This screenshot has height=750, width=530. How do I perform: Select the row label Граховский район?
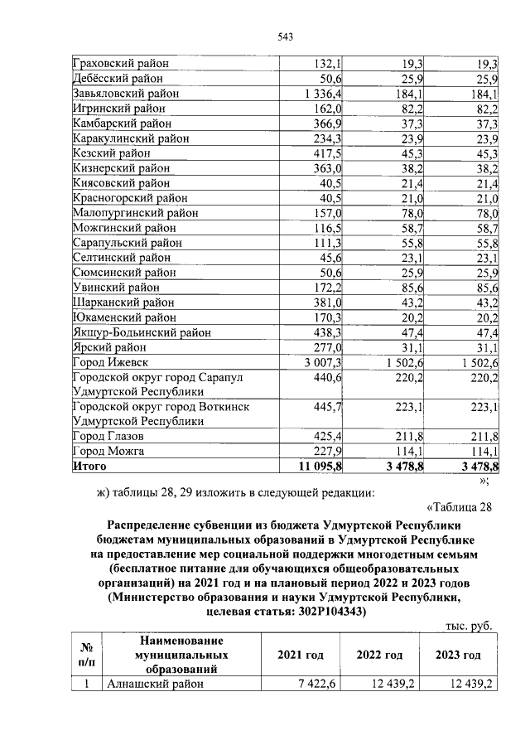click(120, 63)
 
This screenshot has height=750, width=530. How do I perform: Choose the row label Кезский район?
click(112, 153)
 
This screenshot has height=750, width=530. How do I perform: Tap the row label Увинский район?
click(117, 288)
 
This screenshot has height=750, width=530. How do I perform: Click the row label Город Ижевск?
click(111, 362)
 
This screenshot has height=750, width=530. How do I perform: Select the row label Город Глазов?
click(108, 436)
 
